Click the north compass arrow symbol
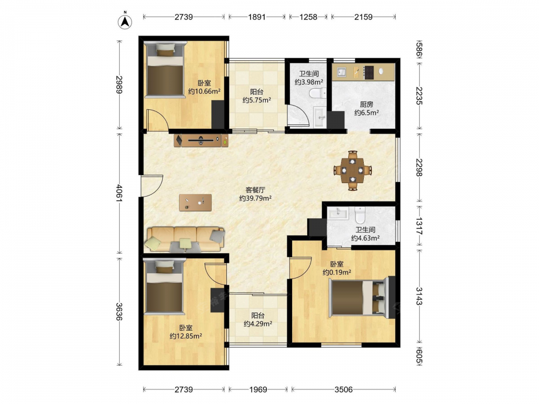tap(125, 22)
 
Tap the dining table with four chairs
tap(353, 170)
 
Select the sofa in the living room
tap(185, 239)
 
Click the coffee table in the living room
tap(195, 203)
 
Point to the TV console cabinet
tap(202, 140)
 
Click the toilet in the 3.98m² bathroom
tap(318, 93)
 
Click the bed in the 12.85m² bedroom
tap(164, 287)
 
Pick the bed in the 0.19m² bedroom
tap(358, 297)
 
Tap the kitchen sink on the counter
tap(341, 72)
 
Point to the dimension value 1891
tap(257, 17)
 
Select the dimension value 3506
tap(344, 389)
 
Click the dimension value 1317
tap(419, 226)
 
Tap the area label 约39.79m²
tap(255, 198)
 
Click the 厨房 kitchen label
tap(367, 104)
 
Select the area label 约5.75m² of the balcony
tap(257, 100)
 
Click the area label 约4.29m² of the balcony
tap(258, 324)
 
